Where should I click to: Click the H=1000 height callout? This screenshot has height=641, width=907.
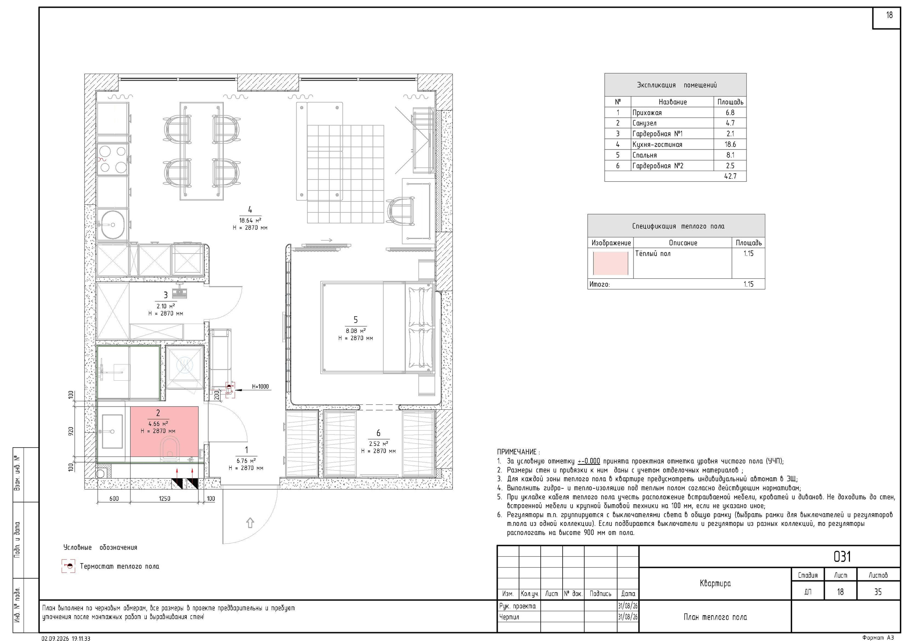260,387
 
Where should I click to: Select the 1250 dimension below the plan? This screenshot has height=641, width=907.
164,499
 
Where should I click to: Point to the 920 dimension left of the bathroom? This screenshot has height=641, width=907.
71,431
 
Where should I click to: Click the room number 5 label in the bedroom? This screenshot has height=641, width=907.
355,320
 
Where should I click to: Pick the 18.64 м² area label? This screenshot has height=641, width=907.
250,220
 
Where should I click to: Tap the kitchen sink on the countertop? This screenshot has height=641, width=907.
113,224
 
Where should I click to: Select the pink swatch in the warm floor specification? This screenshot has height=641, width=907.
611,263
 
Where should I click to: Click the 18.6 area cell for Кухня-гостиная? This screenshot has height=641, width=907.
730,144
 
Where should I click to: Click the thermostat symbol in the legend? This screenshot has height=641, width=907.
68,566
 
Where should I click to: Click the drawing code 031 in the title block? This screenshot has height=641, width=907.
842,556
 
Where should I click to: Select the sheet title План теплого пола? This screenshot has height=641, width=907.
715,617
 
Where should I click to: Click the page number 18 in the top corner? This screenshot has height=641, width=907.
889,15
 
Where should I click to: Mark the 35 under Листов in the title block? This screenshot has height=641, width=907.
878,592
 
